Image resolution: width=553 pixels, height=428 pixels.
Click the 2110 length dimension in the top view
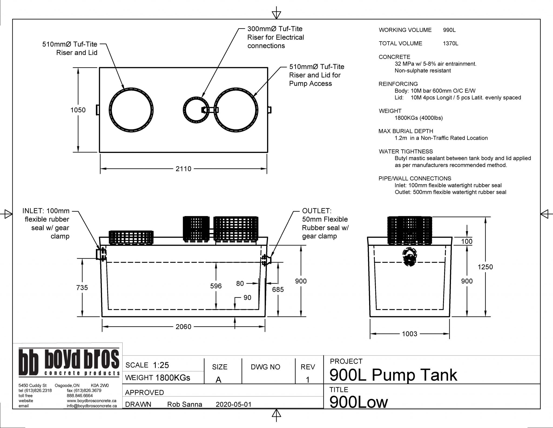tap(183, 169)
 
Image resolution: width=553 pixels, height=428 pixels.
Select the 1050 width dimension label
tap(78, 110)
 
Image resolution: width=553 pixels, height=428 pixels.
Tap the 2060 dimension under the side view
tap(183, 327)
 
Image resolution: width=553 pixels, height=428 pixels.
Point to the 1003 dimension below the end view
tap(409, 334)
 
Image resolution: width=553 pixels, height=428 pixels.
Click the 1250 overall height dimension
tap(485, 267)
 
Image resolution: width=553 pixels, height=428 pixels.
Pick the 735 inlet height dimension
tap(82, 287)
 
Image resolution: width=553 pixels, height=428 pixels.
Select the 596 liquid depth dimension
tap(216, 286)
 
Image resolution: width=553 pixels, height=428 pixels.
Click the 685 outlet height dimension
tap(278, 289)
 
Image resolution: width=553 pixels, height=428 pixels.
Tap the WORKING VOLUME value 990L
tap(449, 30)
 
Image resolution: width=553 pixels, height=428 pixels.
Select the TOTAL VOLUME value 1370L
tap(450, 43)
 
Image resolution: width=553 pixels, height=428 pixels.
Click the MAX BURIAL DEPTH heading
tap(406, 131)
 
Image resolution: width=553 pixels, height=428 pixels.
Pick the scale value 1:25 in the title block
tap(161, 365)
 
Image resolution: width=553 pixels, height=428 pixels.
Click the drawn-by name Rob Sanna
tap(185, 405)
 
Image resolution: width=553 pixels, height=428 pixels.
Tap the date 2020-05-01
tap(234, 405)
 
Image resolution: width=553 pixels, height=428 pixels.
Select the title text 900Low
tap(358, 402)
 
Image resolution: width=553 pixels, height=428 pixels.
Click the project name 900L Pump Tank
tap(393, 375)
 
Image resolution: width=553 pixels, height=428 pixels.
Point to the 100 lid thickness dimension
tap(467, 241)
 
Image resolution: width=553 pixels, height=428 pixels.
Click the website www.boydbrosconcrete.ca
tap(92, 401)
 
